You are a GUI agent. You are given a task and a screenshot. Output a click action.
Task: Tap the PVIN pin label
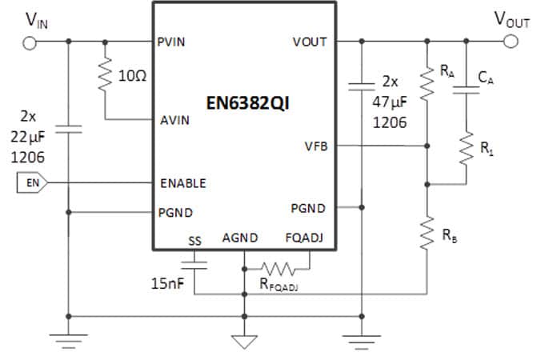(173, 42)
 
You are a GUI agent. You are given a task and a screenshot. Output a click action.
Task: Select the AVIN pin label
(174, 121)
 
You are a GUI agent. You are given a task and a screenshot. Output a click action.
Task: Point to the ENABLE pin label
(182, 182)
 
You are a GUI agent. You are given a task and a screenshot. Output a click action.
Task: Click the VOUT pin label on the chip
(310, 42)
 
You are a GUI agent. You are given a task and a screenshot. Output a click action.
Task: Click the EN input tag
(33, 183)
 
